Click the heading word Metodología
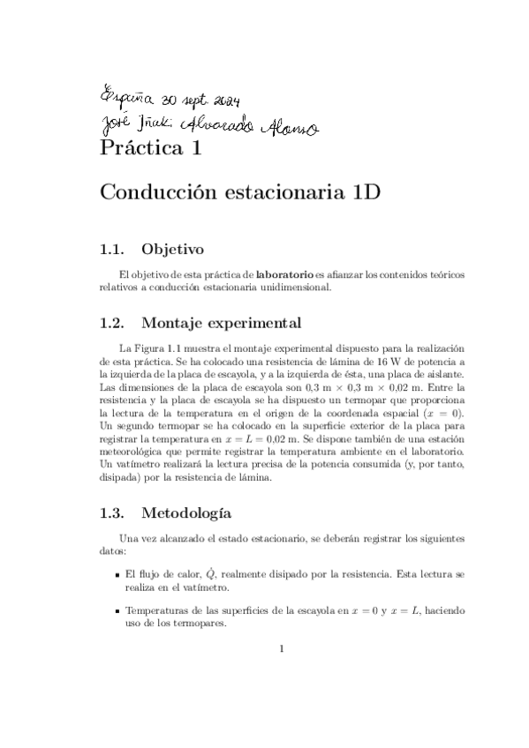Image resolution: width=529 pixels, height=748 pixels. [x=186, y=512]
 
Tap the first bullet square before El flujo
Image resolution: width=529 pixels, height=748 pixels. [x=117, y=574]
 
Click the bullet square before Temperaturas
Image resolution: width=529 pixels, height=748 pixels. [x=117, y=611]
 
